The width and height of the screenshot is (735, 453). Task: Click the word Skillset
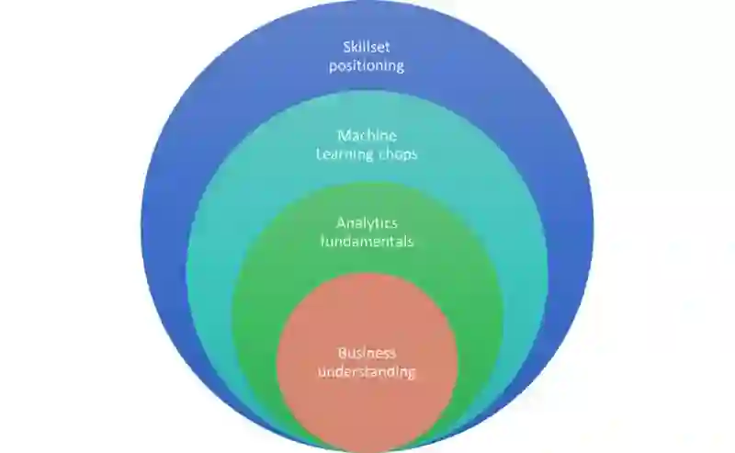tap(367, 47)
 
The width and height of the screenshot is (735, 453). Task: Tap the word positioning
tap(367, 65)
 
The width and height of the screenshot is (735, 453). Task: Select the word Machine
tap(367, 136)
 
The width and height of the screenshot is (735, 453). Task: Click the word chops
tap(398, 154)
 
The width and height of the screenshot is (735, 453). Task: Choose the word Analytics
tap(367, 223)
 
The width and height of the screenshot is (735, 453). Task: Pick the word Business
tap(367, 353)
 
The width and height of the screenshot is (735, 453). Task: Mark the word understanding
tap(367, 372)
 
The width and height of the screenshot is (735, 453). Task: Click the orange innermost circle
tap(367, 404)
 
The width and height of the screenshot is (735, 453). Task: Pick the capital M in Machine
tap(342, 136)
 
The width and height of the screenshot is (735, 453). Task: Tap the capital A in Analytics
tap(340, 223)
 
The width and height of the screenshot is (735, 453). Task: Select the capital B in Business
tap(341, 353)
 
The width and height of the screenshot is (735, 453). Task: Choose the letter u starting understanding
tap(322, 372)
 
